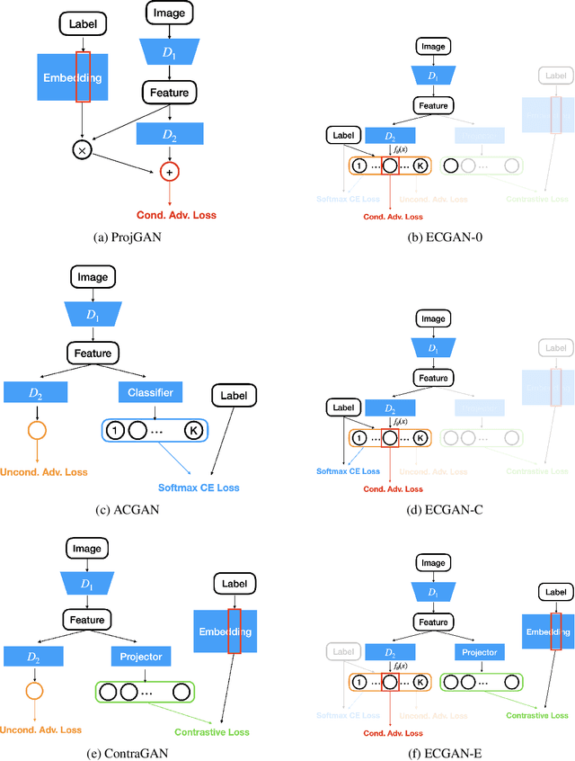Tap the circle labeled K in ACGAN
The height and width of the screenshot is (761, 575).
click(193, 432)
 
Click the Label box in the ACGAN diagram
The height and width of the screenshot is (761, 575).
click(234, 394)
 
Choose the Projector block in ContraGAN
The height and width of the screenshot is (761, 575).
click(140, 657)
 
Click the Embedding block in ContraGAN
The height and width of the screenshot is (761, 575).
click(226, 631)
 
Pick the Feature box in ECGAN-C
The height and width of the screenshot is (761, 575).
click(433, 379)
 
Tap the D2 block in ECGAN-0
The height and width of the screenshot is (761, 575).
click(389, 136)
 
